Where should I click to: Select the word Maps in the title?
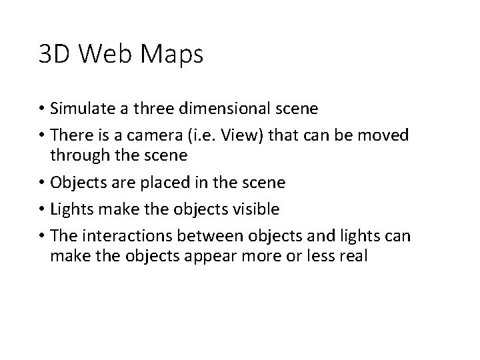click(x=172, y=56)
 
